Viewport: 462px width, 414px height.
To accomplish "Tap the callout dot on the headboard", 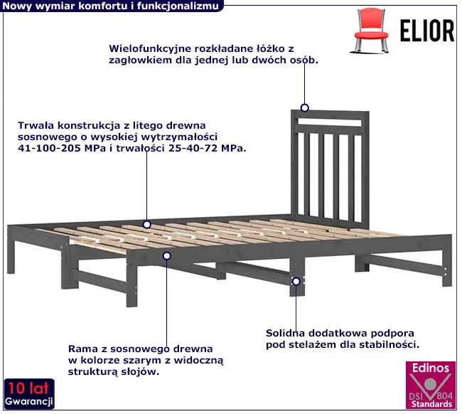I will pos(304,108).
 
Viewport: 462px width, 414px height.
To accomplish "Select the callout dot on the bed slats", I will pos(146,224).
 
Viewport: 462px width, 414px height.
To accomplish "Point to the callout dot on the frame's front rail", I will pos(168,255).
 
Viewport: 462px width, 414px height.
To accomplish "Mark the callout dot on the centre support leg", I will pos(295,281).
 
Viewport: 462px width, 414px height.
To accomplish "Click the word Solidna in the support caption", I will pos(286,332).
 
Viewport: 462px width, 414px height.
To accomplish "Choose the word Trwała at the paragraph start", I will pos(36,125).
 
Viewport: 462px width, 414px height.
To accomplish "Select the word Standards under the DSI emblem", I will pos(431,404).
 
